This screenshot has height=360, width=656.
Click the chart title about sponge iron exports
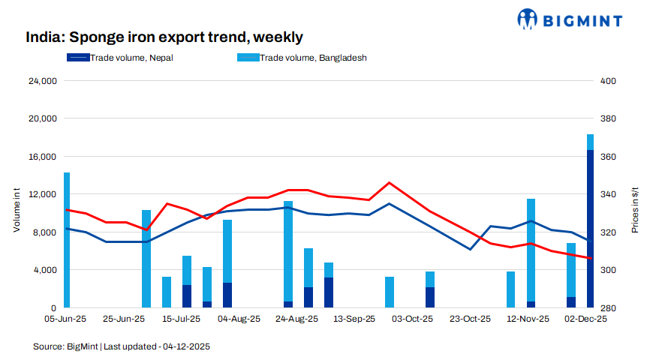[164, 37]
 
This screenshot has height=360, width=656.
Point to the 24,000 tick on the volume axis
[42, 81]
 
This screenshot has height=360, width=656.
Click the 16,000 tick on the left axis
[42, 157]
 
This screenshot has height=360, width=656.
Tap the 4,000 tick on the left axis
[44, 270]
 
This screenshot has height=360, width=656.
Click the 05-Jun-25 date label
[66, 319]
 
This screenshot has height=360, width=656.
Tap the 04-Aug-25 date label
[239, 319]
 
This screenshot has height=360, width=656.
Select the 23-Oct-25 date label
[470, 319]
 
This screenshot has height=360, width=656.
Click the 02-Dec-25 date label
[586, 319]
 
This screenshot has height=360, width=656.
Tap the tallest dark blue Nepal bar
[590, 229]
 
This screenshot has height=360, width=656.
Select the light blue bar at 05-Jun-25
[67, 240]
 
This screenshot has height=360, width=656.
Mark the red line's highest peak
[388, 182]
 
